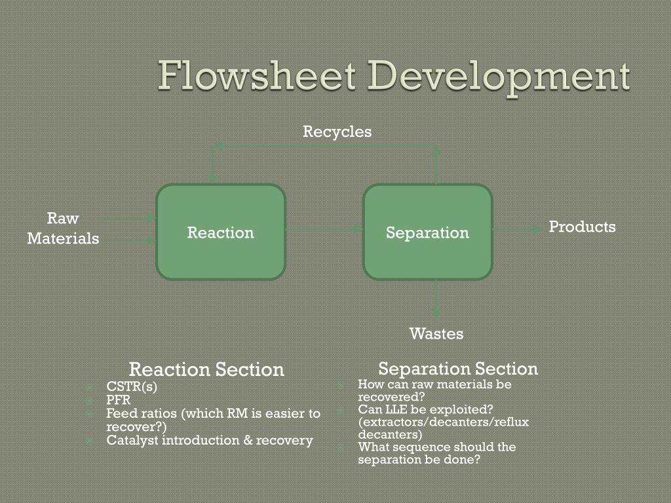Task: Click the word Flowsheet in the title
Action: [256, 77]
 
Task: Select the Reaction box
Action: [221, 233]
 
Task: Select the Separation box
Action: [427, 233]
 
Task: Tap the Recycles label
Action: [337, 132]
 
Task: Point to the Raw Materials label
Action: [63, 228]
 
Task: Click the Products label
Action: [582, 227]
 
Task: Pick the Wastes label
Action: [436, 333]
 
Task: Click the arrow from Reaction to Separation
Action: [324, 229]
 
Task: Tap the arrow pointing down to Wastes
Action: [436, 298]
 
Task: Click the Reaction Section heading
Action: [206, 369]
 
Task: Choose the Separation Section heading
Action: [458, 368]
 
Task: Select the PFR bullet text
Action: [119, 400]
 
